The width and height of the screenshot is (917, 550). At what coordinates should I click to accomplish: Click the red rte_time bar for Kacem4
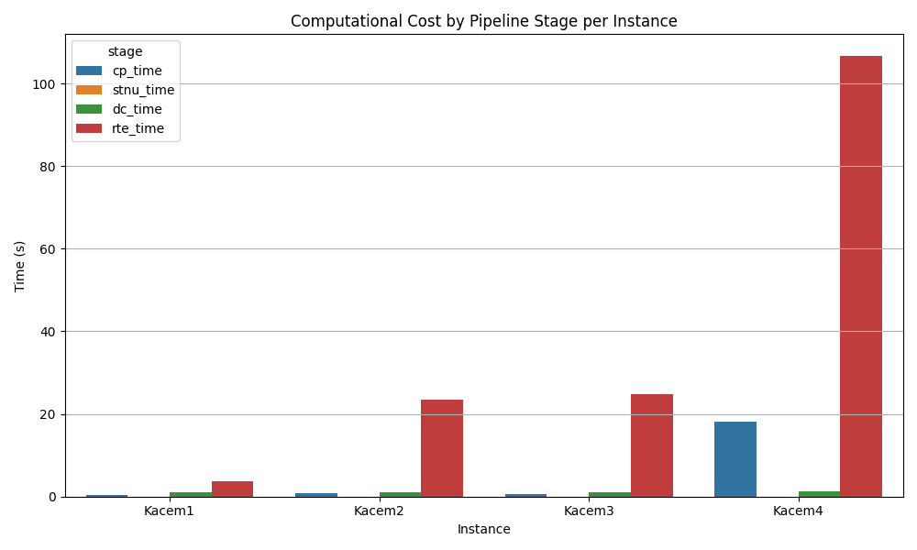pyautogui.click(x=861, y=276)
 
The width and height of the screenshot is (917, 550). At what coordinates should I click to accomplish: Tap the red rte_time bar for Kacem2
pyautogui.click(x=442, y=448)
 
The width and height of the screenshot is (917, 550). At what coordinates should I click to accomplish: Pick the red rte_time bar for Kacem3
pyautogui.click(x=652, y=445)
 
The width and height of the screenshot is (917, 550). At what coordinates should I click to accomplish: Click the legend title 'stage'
pyautogui.click(x=126, y=52)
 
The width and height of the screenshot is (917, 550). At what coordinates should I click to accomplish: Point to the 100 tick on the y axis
pyautogui.click(x=48, y=84)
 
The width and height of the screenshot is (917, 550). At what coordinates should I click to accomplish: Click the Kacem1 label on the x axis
pyautogui.click(x=169, y=511)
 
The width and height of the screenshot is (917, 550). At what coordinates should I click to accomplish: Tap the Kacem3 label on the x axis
pyautogui.click(x=589, y=511)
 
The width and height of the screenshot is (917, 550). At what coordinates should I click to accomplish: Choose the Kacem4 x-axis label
pyautogui.click(x=798, y=511)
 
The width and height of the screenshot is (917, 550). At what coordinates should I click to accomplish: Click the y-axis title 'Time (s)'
pyautogui.click(x=20, y=266)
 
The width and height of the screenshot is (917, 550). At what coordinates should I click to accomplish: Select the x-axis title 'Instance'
pyautogui.click(x=483, y=529)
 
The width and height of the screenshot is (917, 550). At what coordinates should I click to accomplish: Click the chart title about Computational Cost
pyautogui.click(x=483, y=21)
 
